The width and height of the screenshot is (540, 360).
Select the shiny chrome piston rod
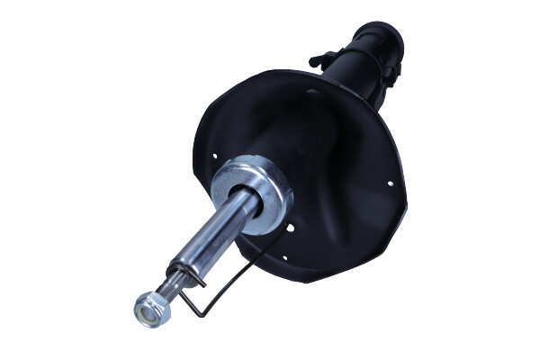coord(211,236)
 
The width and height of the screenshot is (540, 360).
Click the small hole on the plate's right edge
coord(390,184)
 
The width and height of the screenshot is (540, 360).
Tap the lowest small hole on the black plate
coord(284,257)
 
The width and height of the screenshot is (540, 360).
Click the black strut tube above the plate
coord(355,72)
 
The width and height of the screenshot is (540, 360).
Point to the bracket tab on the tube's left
coord(319,60)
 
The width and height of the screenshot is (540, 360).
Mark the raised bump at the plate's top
coord(312,91)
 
